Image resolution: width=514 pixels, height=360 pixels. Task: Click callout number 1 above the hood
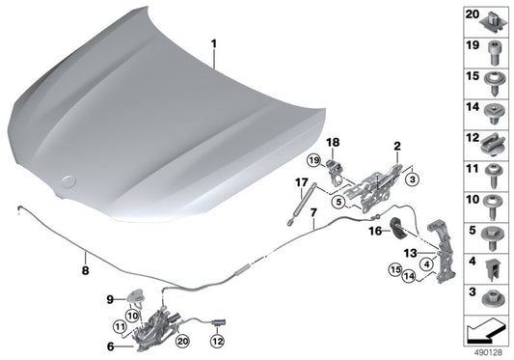click(x=214, y=44)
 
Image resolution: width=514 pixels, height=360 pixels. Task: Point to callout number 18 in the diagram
click(x=334, y=142)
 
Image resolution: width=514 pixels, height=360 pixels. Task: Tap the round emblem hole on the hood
click(x=70, y=179)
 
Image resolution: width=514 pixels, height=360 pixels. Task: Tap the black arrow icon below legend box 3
click(x=484, y=333)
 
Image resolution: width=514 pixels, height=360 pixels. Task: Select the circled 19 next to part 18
click(x=313, y=158)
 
